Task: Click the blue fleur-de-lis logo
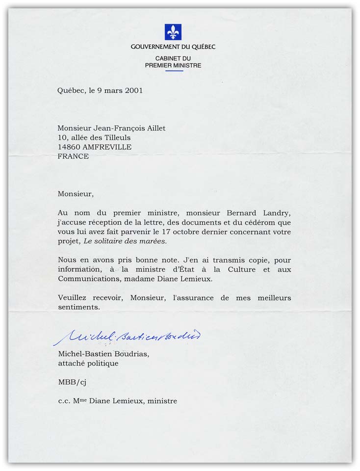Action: pyautogui.click(x=173, y=32)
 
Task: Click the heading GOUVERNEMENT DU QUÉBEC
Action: pyautogui.click(x=173, y=47)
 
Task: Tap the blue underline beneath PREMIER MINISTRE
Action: pyautogui.click(x=174, y=71)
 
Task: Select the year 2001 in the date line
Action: pyautogui.click(x=133, y=90)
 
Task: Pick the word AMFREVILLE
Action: pyautogui.click(x=107, y=146)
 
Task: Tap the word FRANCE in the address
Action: pyautogui.click(x=73, y=156)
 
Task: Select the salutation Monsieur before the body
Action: pyautogui.click(x=75, y=194)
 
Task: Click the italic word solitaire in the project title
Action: pyautogui.click(x=116, y=241)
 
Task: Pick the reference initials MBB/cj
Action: pyautogui.click(x=71, y=382)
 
